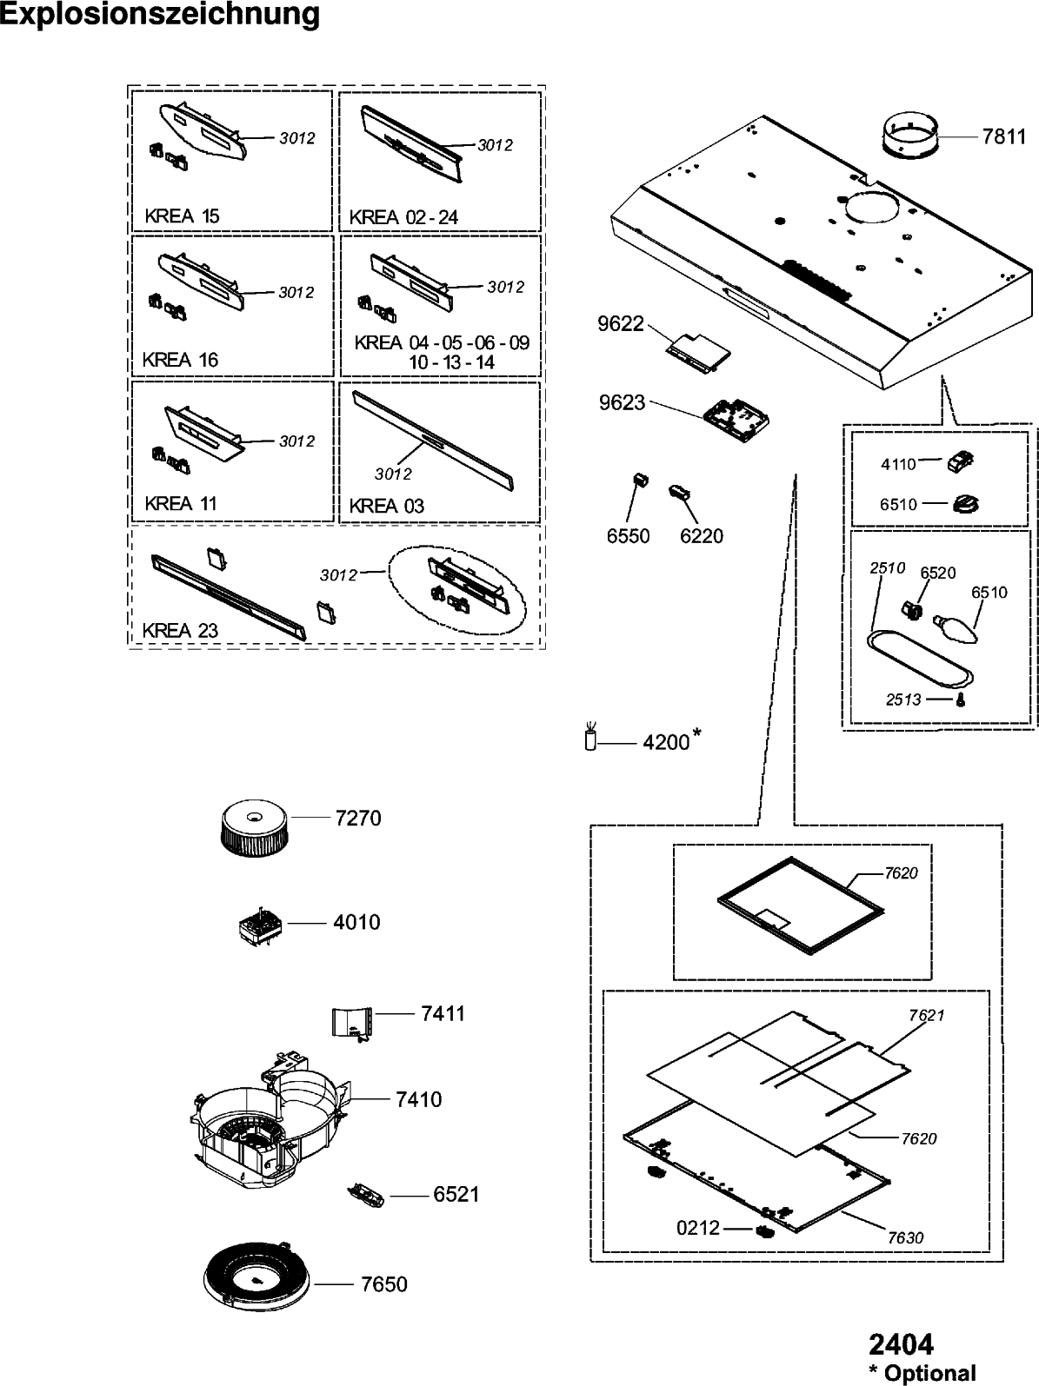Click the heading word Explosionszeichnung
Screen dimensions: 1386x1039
[x=160, y=16]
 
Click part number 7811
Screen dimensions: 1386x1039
[x=1004, y=136]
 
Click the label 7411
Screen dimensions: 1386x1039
[x=443, y=1013]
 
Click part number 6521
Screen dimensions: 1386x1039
[x=456, y=1195]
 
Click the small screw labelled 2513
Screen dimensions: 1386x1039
[x=959, y=700]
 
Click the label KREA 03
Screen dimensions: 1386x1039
[x=386, y=506]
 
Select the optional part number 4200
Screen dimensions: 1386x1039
[x=666, y=743]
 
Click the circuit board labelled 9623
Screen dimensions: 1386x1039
[x=736, y=421]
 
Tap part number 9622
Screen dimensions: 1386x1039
[x=621, y=324]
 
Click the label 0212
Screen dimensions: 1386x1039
[x=698, y=1228]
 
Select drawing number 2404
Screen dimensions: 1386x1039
[x=902, y=1345]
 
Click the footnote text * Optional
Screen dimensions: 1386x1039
[x=924, y=1374]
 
